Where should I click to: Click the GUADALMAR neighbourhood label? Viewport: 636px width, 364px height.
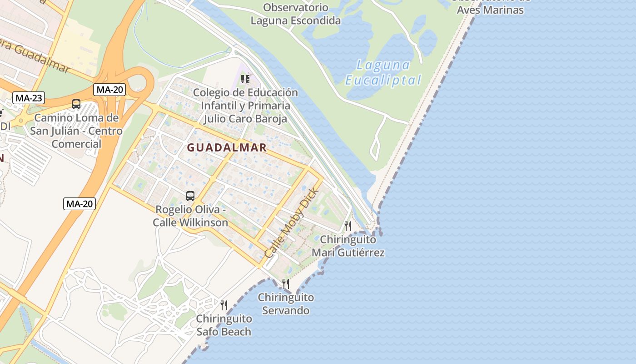pos(227,147)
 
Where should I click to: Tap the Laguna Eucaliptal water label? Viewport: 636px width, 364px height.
pos(383,73)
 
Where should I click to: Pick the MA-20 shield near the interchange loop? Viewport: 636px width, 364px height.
pos(109,90)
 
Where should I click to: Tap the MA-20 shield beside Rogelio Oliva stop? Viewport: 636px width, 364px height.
pos(79,203)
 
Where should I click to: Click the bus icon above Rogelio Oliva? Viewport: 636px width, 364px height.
pos(190,196)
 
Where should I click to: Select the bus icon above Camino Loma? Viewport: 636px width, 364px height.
pos(76,104)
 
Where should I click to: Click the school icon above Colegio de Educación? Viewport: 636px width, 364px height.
pos(245,79)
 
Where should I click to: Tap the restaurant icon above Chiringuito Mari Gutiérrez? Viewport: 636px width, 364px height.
pos(348,226)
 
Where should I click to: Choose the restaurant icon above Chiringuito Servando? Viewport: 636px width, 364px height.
pos(286,284)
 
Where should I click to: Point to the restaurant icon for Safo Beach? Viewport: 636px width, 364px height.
pos(224,305)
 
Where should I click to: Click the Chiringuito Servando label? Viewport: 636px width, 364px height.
pos(286,304)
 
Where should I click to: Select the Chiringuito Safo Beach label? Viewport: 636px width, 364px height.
pos(224,325)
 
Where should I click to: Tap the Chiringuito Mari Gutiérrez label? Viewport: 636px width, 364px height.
pos(348,246)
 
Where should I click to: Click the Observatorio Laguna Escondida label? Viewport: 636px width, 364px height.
pos(296,14)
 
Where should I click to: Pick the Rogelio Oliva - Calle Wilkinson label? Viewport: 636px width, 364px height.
pos(190,216)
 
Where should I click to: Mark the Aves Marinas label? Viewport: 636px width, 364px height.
pos(490,10)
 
